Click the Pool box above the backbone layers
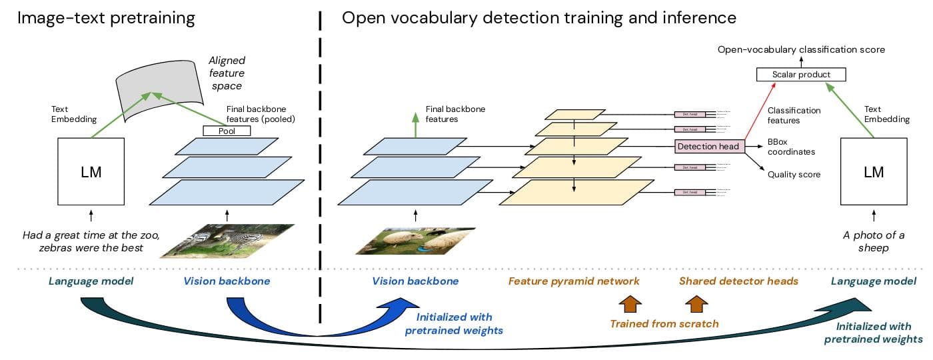coord(226,131)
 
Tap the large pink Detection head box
coord(708,147)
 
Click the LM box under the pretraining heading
coord(91,171)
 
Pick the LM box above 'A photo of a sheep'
coord(873,171)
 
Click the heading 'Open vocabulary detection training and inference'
coord(538,18)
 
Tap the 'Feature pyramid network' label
coord(574,281)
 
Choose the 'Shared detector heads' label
coord(738,281)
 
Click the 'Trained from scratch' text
coord(664,324)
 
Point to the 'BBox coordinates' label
coord(791,147)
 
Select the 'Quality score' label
coord(794,175)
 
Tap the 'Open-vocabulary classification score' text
coord(801,50)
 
